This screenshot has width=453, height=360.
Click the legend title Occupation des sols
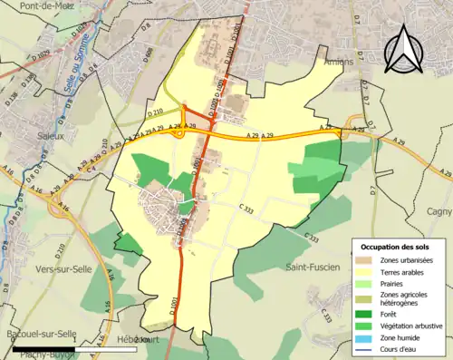(x=396, y=246)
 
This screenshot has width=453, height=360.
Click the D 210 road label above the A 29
(x=156, y=113)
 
